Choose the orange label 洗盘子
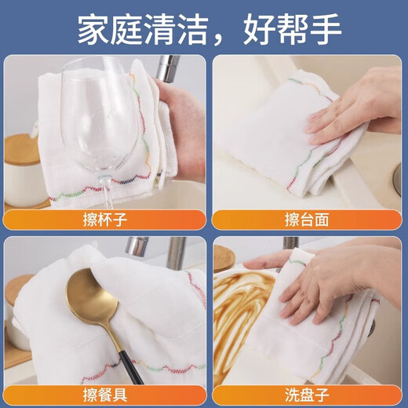(306, 394)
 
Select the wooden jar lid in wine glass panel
(21, 148)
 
